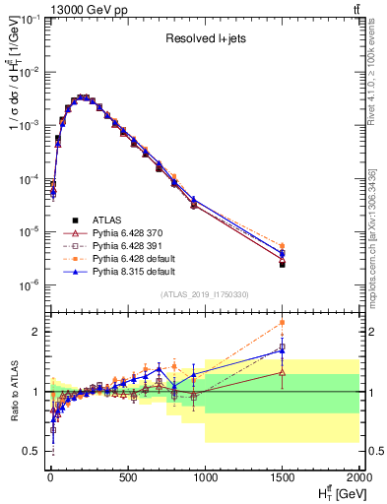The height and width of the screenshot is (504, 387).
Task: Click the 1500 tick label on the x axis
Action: [x=282, y=478]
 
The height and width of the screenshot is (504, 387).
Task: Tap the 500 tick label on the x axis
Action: [x=127, y=478]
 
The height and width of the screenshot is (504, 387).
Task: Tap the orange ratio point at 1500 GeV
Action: [x=283, y=322]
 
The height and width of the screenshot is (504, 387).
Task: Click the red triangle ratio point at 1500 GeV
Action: [x=283, y=372]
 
